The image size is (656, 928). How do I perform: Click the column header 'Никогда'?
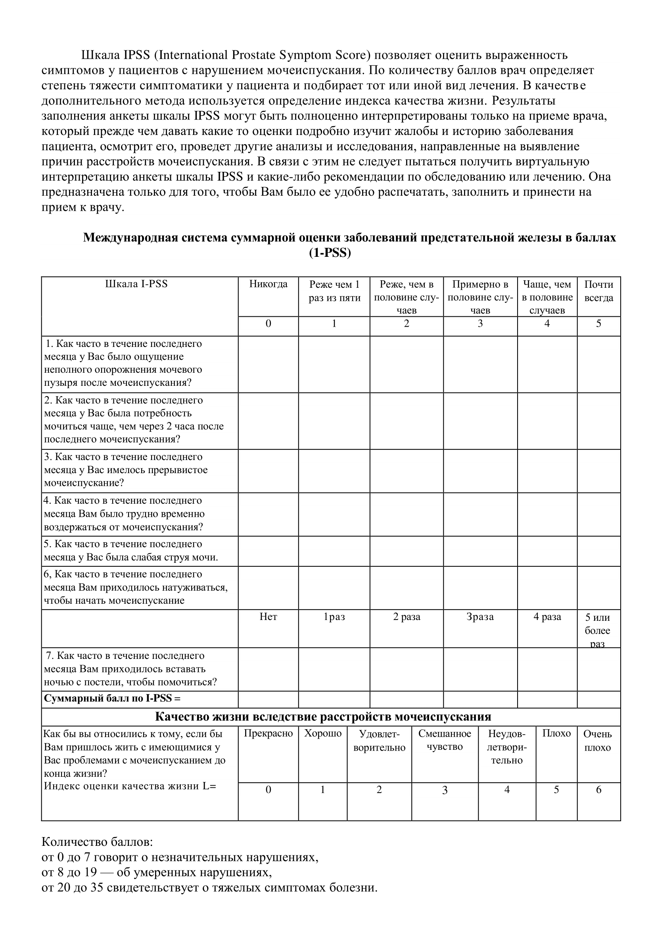pos(268,284)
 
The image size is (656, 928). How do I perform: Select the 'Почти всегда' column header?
pos(598,291)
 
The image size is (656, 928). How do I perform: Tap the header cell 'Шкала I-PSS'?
pos(136,284)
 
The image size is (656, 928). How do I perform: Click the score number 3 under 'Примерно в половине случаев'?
pos(480,323)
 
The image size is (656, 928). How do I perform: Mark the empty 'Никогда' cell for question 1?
pos(268,364)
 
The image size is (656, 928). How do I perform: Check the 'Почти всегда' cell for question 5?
pos(598,551)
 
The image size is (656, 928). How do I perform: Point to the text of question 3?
pos(125,470)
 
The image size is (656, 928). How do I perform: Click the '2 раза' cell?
pos(407,617)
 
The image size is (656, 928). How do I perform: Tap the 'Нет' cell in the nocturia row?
pos(268,617)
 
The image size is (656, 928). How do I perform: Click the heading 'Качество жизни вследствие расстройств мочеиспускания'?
pos(323,716)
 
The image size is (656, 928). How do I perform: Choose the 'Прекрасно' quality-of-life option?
pos(268,734)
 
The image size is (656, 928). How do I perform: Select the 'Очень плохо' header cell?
pos(597,741)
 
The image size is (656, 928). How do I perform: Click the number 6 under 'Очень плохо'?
pos(598,789)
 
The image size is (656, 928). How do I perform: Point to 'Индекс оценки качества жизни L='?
pos(130,786)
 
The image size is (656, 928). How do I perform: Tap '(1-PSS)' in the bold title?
pos(330,253)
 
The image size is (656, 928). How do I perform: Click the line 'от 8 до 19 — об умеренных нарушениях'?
pos(157,872)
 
